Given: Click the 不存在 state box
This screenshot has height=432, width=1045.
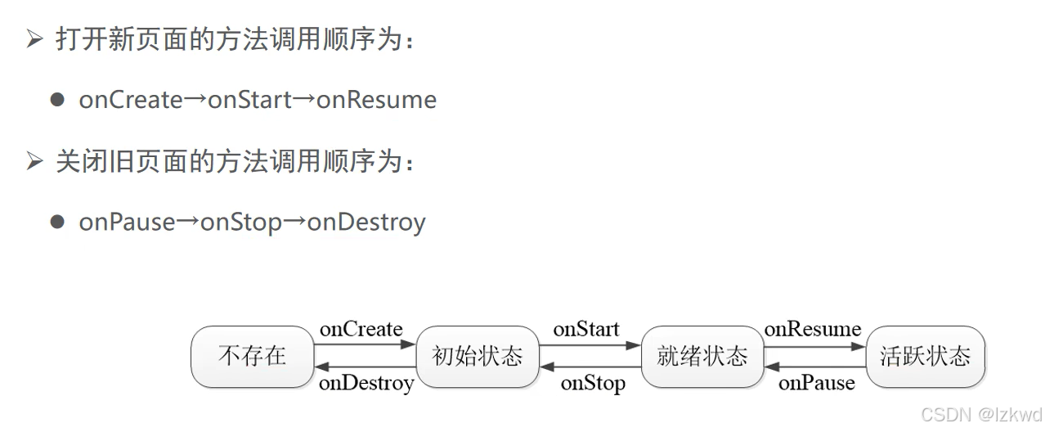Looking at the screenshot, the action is point(252,357).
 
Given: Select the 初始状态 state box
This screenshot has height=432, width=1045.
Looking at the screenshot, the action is point(477,357).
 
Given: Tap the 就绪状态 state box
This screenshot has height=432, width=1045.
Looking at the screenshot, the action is point(702,357).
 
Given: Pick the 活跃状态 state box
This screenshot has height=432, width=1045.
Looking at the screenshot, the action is point(925,357).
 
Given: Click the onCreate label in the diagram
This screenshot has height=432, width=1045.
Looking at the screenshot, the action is point(361,329).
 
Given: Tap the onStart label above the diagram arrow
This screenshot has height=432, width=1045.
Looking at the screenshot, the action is point(586,329).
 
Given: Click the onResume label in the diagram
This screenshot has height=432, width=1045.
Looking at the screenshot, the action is point(812,329).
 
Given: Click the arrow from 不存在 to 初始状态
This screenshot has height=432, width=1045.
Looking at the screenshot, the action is point(365,345).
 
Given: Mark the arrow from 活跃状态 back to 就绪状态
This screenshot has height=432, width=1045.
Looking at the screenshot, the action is point(814,367).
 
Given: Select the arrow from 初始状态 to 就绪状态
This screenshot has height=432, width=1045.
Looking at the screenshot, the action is point(590,345).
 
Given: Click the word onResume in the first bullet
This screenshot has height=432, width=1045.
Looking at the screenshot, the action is point(377,100).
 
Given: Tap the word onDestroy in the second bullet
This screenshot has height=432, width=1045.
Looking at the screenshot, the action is point(366,222).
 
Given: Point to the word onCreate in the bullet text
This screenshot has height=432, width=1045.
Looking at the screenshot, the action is point(131,100).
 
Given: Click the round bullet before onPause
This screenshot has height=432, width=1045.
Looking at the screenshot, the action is point(56,222).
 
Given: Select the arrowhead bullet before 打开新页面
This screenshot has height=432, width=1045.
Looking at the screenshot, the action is point(34,38).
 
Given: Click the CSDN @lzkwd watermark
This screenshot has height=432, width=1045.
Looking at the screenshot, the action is point(981,414).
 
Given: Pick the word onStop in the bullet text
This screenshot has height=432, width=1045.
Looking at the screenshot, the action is point(241,222).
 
